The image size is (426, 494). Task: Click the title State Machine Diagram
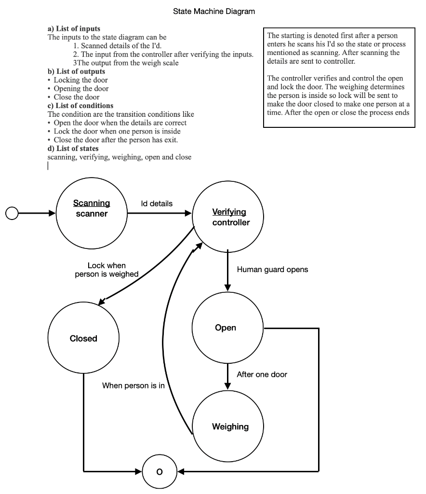(x=214, y=11)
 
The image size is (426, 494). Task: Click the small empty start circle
(x=12, y=213)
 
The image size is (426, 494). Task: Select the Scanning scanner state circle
(x=92, y=213)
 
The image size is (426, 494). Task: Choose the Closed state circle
(x=84, y=338)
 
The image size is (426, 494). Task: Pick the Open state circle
(x=227, y=328)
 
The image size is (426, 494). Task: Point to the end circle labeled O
(x=160, y=471)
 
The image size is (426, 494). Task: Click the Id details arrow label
(x=157, y=204)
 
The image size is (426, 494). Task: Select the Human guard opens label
(x=272, y=270)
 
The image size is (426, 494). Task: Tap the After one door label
(x=262, y=374)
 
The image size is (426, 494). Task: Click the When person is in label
(x=133, y=385)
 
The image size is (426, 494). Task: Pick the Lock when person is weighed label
(x=106, y=270)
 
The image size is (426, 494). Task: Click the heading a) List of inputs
(x=74, y=29)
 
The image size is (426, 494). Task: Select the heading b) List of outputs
(x=76, y=71)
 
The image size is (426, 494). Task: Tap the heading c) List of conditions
(x=80, y=106)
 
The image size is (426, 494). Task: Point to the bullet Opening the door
(x=81, y=89)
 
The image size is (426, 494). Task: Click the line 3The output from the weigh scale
(x=126, y=63)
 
